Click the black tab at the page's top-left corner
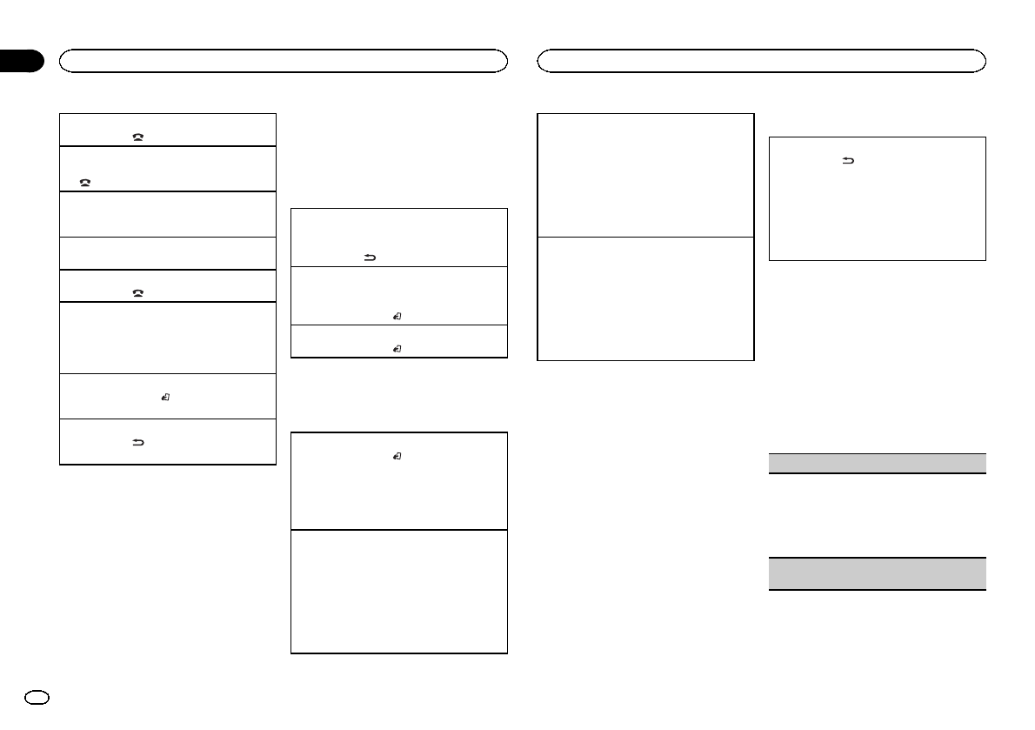21,61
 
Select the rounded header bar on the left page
283,60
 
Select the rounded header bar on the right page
761,60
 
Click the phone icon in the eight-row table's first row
137,138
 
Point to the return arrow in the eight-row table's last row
137,443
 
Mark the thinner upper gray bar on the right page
878,463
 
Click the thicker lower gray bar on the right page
878,574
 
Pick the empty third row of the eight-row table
167,214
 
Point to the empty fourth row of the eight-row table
167,253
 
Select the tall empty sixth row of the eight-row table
167,338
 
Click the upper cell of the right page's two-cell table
644,174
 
